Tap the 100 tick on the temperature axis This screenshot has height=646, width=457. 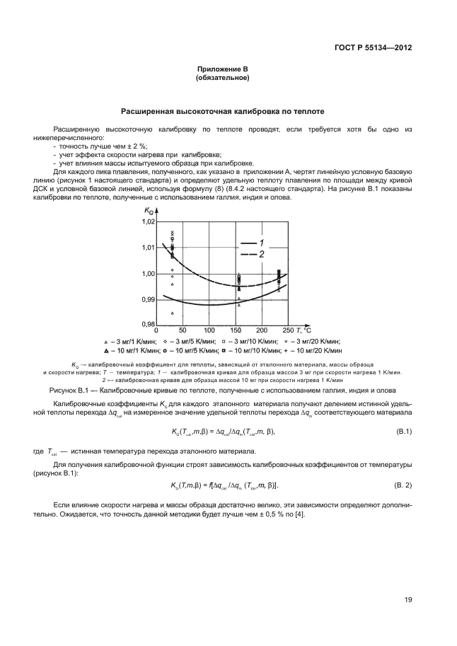click(x=209, y=331)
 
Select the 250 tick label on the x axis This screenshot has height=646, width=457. click(x=288, y=331)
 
